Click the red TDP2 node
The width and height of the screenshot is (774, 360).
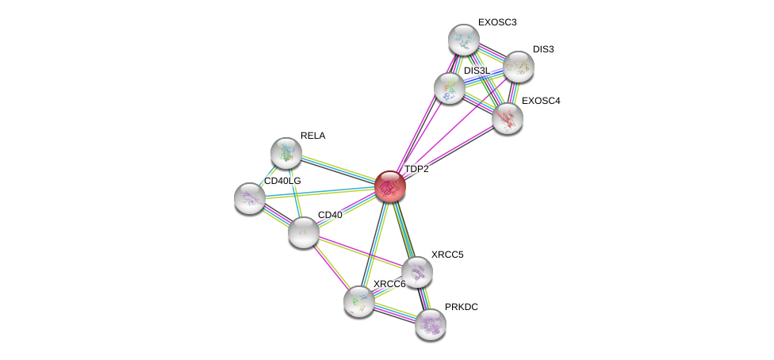(389, 186)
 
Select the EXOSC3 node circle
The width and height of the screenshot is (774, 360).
(463, 39)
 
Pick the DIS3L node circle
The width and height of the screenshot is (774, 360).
(450, 87)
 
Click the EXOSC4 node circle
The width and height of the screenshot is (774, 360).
(507, 118)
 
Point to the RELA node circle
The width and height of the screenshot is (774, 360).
(285, 152)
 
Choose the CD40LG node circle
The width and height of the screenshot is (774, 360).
(250, 197)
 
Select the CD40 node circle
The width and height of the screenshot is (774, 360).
(303, 232)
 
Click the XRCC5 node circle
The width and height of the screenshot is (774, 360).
(417, 272)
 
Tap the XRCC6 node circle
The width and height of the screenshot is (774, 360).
(359, 301)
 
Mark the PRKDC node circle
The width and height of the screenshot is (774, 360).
(431, 323)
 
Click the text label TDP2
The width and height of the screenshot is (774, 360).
(416, 169)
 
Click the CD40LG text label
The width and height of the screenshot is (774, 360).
(282, 181)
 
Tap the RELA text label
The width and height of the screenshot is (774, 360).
(313, 136)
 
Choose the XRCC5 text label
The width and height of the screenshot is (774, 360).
(448, 255)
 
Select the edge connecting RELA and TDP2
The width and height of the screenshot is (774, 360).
(337, 169)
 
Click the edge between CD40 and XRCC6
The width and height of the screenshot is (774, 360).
(331, 266)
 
